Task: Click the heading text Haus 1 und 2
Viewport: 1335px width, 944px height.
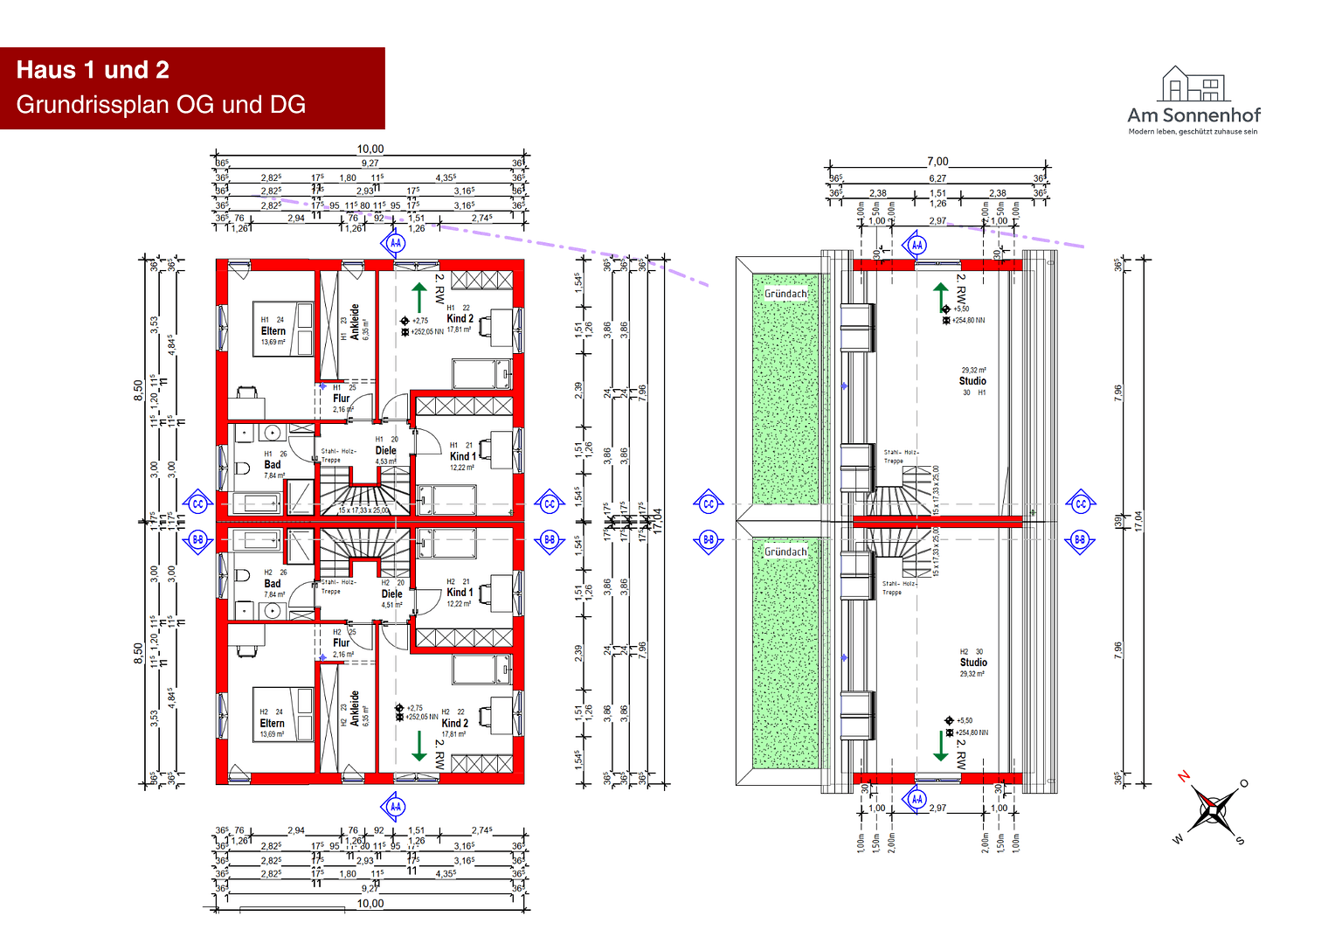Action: [93, 70]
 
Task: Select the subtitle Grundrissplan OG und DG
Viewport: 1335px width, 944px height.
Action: [161, 105]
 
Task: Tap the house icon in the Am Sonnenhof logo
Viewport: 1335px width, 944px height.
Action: [1193, 85]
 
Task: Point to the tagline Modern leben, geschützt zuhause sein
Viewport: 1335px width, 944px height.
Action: [1193, 132]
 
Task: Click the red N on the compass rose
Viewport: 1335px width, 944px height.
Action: [1184, 775]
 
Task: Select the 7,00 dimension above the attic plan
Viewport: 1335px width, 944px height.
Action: [937, 162]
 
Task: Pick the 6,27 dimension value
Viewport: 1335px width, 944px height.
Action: [937, 178]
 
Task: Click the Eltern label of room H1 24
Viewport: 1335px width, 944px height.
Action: [273, 331]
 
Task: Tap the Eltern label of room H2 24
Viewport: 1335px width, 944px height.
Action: [272, 723]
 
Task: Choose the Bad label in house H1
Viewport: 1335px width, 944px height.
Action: [273, 465]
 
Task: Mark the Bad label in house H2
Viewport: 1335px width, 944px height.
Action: [273, 584]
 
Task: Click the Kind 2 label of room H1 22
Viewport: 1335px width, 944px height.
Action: [460, 318]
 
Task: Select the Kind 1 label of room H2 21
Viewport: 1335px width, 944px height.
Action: [460, 592]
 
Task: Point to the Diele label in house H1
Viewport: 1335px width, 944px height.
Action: [385, 450]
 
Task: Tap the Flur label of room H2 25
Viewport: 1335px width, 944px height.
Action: [341, 642]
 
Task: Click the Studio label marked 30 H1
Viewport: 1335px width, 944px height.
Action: [972, 381]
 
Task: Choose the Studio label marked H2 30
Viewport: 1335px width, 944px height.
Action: [973, 663]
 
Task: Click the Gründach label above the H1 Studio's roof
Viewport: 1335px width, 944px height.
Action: [785, 294]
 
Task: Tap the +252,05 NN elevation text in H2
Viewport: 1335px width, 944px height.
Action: [422, 717]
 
